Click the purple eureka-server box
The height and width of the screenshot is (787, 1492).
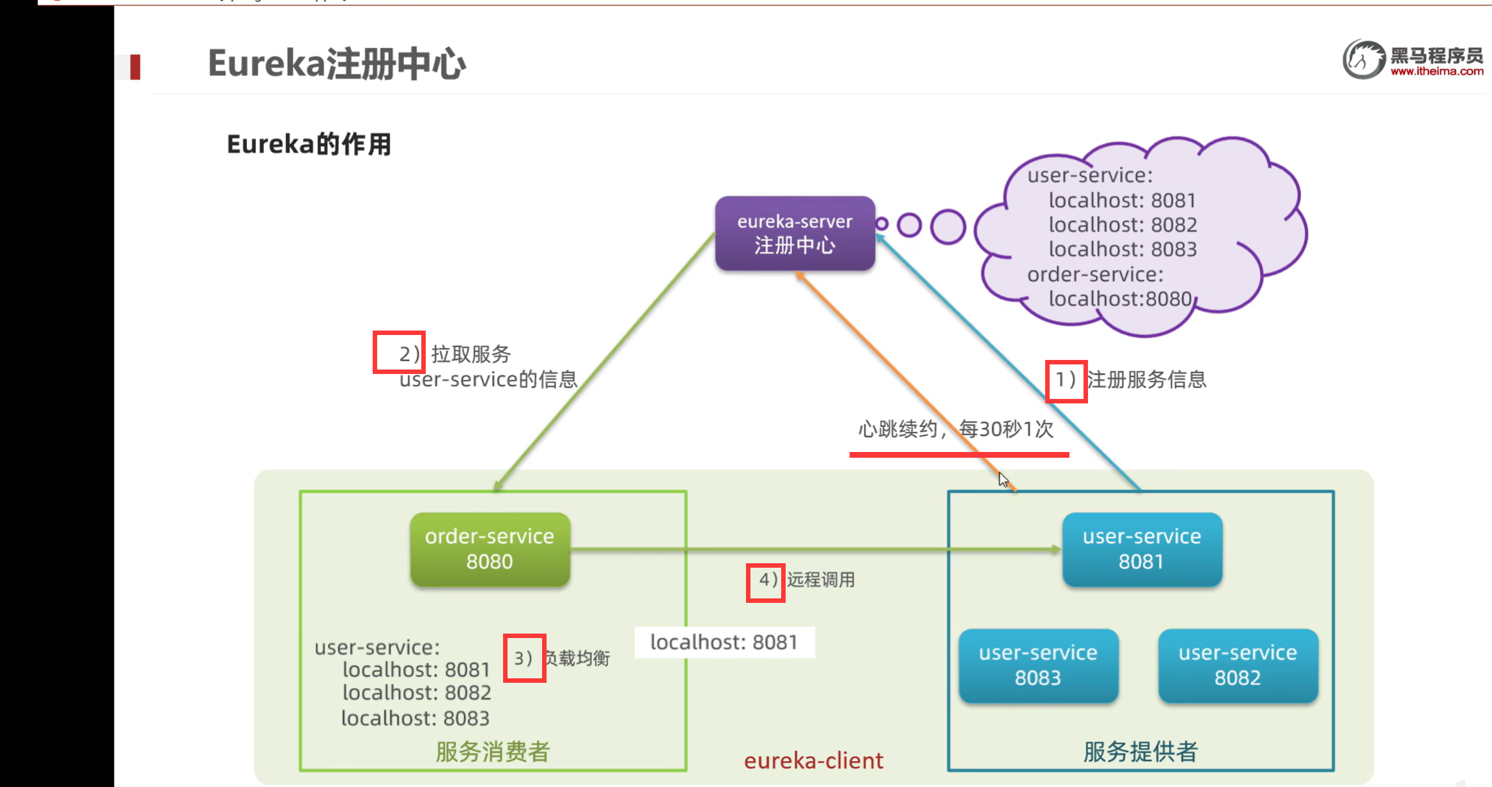tap(795, 233)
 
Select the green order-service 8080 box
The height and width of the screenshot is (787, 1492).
tap(490, 549)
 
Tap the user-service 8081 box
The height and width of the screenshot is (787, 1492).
tap(1142, 549)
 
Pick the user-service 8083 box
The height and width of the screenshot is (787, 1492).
tap(1038, 666)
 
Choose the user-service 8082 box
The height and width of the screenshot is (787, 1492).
tap(1238, 666)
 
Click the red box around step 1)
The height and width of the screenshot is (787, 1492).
tap(1066, 381)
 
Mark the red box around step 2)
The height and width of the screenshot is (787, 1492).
tap(399, 352)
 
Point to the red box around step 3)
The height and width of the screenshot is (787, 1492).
tap(524, 658)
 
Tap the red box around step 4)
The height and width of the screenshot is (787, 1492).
tap(765, 582)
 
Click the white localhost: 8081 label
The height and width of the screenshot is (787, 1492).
tap(724, 642)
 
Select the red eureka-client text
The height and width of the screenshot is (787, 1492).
tap(813, 761)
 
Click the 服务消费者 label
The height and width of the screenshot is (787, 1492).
tap(493, 752)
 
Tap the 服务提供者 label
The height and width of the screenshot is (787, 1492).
tap(1140, 752)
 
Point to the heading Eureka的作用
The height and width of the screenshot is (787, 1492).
tap(309, 144)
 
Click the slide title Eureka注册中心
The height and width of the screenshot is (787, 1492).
tap(337, 64)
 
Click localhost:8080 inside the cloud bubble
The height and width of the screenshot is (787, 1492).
tap(1120, 299)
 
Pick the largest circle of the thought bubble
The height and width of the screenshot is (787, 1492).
tap(947, 226)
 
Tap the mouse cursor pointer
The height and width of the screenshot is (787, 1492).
tap(1003, 479)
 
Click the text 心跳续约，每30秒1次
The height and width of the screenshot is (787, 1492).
tap(955, 429)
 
